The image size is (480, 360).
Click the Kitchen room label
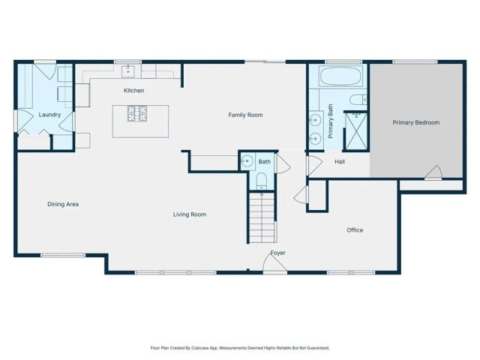click(x=134, y=91)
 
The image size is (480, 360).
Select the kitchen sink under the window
click(x=128, y=72)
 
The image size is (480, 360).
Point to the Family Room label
click(x=245, y=115)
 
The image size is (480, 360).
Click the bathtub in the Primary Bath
click(x=341, y=76)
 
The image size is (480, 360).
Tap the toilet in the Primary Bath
click(x=358, y=99)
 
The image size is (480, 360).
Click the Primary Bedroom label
click(x=416, y=122)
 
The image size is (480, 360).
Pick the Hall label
click(x=339, y=162)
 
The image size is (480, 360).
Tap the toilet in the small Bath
click(x=261, y=180)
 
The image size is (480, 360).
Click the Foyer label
click(x=277, y=253)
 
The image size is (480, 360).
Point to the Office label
click(x=355, y=230)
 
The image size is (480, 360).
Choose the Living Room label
click(x=190, y=214)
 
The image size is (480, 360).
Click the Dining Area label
click(x=63, y=204)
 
